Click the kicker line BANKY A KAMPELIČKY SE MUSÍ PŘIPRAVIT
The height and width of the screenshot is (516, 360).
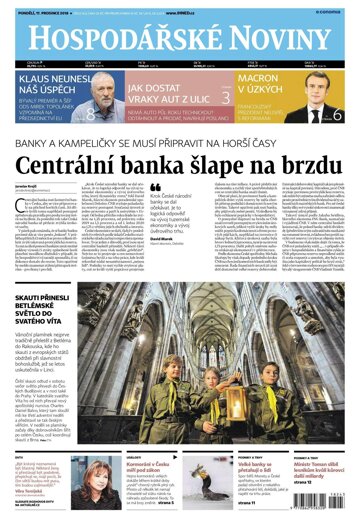click(x=180, y=137)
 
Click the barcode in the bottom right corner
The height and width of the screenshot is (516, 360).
click(x=329, y=500)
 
